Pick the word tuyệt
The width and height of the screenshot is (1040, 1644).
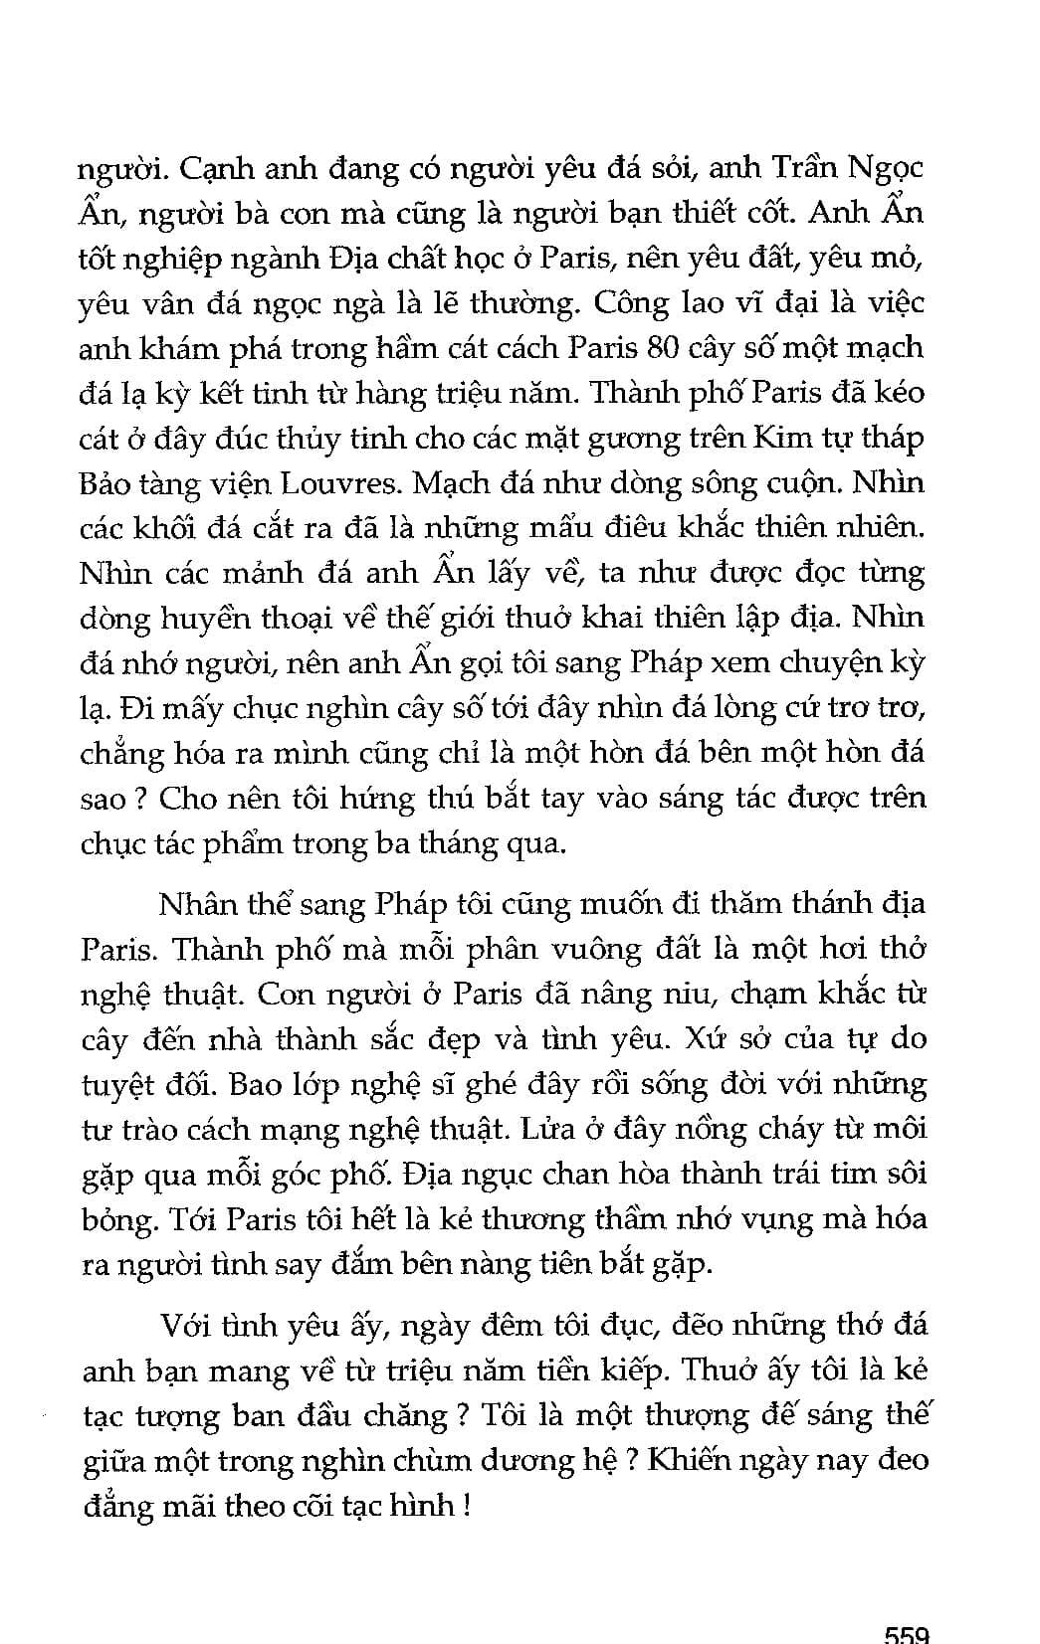click(x=119, y=1085)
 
